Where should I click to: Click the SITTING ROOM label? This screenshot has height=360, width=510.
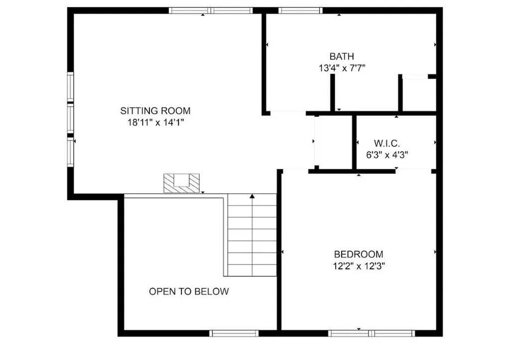click(155, 111)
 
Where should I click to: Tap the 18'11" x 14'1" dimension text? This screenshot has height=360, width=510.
click(156, 122)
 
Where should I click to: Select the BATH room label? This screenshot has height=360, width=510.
click(342, 57)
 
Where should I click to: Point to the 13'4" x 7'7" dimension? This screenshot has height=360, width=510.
click(342, 68)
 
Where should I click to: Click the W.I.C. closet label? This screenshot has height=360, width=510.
click(387, 143)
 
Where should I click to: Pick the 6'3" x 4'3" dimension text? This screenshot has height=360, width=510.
click(387, 155)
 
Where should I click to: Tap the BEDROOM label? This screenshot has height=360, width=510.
click(359, 254)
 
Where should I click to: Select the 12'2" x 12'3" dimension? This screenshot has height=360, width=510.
click(359, 266)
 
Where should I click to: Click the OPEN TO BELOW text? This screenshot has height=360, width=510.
click(189, 291)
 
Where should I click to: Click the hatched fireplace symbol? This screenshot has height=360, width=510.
click(181, 183)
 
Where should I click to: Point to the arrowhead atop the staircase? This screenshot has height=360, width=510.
click(252, 196)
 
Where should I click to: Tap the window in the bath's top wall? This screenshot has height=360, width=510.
click(300, 10)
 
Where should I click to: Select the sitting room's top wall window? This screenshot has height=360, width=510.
click(211, 10)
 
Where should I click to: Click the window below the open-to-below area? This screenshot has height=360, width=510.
click(234, 333)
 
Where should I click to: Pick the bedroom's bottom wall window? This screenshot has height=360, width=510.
click(372, 333)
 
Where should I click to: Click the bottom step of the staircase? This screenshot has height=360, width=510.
click(252, 270)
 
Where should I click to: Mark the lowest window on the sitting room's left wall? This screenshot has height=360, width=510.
click(71, 152)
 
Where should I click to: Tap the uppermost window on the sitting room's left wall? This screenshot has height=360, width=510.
click(71, 86)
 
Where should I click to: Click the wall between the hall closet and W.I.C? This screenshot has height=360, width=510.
click(355, 142)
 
